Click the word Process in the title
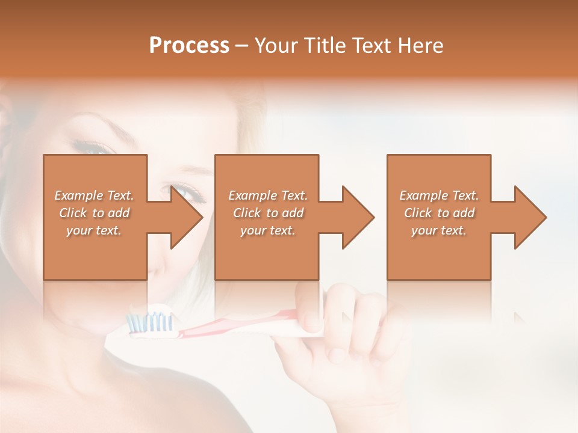(x=189, y=46)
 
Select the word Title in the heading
(x=326, y=46)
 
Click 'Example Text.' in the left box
(x=95, y=195)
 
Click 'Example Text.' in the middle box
(x=268, y=195)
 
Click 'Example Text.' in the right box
(x=439, y=195)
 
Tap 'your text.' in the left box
(x=95, y=230)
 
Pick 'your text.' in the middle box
(x=268, y=230)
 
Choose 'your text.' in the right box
(x=439, y=230)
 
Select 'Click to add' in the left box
(x=95, y=213)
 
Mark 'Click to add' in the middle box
(x=268, y=213)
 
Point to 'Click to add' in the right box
(x=439, y=213)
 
